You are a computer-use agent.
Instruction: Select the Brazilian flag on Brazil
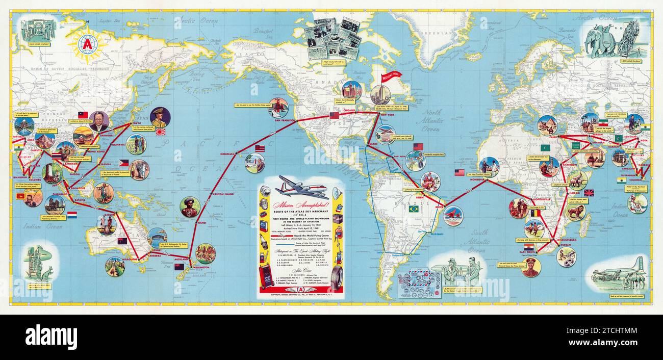(x=413, y=209)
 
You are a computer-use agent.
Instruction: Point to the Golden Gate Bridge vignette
(x=278, y=108)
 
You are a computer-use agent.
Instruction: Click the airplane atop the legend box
(x=301, y=186)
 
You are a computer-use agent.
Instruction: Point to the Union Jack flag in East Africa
(x=589, y=193)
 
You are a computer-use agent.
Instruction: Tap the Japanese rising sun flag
(x=161, y=131)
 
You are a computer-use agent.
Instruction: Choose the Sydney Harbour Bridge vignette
(x=157, y=238)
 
